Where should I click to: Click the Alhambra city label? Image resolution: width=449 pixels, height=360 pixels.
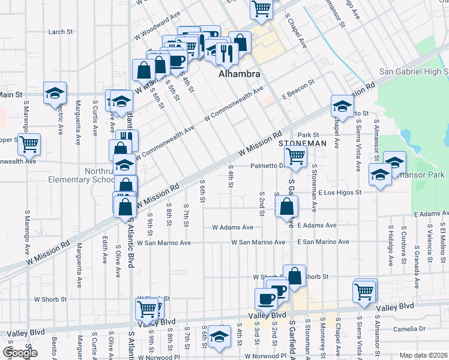[x=239, y=74]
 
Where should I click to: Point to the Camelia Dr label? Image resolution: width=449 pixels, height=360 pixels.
[x=408, y=329]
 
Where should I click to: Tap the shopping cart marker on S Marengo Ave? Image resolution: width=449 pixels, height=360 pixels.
[x=29, y=143]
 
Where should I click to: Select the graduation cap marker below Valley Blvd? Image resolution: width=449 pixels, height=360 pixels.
[x=220, y=337]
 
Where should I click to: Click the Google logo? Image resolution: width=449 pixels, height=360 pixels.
[x=20, y=353]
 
